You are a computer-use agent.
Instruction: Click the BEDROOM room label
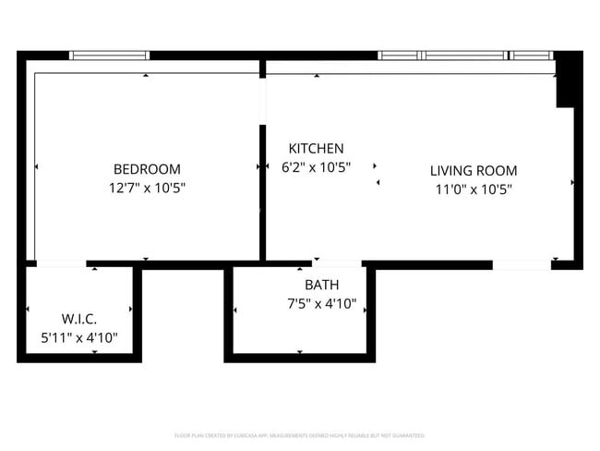pos(147,169)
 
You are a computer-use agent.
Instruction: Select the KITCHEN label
pos(316,149)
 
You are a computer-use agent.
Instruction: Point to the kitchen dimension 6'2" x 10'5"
pos(316,167)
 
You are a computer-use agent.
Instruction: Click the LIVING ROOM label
pos(474,171)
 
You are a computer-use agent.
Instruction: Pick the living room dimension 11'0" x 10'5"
pos(474,189)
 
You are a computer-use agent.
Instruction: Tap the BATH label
pos(321,285)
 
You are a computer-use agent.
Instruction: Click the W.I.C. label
pos(79,320)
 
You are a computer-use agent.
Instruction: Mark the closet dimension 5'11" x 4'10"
pos(79,338)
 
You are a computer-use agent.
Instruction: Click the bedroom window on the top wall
pos(110,55)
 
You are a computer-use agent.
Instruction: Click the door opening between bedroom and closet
pos(61,265)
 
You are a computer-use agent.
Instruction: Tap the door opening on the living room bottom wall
pos(521,265)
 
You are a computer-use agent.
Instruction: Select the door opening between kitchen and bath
pos(337,265)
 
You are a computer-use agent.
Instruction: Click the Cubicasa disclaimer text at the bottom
pos(300,434)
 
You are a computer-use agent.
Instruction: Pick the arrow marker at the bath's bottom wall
pos(300,351)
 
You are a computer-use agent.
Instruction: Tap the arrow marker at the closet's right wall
pos(131,309)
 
